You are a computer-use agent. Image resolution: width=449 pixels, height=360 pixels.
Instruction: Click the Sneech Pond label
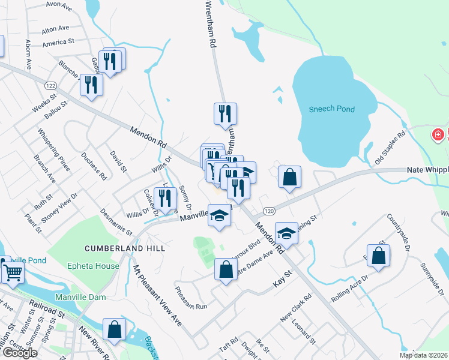331,109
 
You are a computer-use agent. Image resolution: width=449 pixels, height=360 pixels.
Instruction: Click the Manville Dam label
80,297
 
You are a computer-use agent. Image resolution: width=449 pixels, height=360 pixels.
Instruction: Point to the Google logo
19,353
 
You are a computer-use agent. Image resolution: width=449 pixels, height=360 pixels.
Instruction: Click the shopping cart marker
13,274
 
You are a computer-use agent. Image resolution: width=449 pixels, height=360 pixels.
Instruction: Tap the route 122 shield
51,85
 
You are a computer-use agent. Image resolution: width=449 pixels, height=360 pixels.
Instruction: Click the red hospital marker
439,135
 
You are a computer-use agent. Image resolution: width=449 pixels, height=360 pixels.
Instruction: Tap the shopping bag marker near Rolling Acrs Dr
379,256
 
